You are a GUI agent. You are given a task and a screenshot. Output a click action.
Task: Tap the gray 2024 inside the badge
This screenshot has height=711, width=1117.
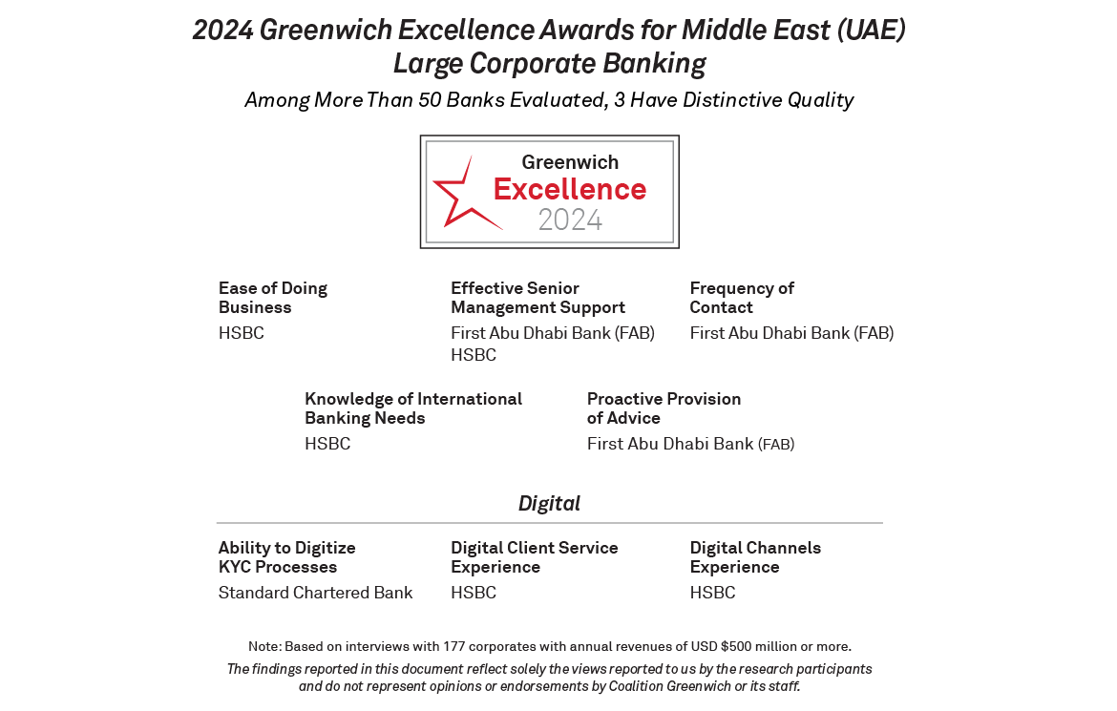tap(570, 220)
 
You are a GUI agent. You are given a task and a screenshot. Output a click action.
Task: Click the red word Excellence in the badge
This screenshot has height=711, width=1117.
tap(570, 189)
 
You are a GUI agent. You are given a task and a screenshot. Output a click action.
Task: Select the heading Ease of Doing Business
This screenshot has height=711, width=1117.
tap(273, 298)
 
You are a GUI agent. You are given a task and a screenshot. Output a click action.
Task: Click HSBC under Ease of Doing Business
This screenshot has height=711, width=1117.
tap(242, 333)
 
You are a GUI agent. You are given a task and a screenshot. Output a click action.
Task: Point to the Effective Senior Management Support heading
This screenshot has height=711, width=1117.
tap(537, 298)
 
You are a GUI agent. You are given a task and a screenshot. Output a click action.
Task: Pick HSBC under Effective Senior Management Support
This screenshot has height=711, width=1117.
tap(474, 355)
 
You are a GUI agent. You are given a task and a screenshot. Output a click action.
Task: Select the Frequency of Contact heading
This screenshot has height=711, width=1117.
tap(742, 298)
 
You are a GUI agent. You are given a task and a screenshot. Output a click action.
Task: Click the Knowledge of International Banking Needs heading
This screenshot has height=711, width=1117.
tap(413, 408)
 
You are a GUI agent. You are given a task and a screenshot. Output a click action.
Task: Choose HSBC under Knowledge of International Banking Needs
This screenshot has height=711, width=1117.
tap(327, 444)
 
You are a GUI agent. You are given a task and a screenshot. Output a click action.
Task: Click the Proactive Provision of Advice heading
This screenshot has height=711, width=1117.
tap(664, 408)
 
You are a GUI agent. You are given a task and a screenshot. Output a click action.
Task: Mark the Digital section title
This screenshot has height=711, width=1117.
tap(549, 503)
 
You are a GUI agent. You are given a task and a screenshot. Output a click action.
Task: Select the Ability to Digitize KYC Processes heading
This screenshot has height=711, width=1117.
tap(286, 557)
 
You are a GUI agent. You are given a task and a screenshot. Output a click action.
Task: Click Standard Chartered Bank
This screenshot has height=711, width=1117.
tap(315, 593)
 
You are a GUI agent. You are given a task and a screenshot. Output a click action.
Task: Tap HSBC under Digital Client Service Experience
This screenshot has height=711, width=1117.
tap(474, 593)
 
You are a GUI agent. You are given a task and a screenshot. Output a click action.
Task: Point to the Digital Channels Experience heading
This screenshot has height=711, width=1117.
tap(755, 557)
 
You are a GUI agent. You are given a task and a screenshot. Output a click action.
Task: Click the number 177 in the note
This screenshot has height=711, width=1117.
tap(455, 647)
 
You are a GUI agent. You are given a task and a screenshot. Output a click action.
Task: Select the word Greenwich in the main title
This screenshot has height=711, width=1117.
tap(324, 31)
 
